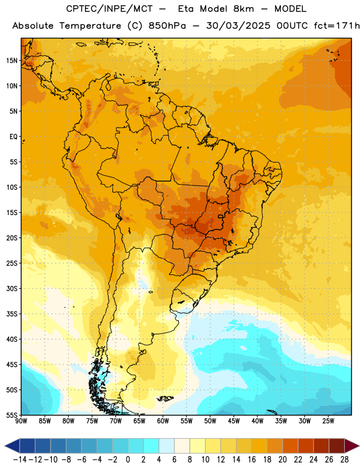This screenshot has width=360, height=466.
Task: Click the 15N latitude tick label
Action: click(x=12, y=61)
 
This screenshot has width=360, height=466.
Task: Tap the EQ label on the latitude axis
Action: click(x=13, y=137)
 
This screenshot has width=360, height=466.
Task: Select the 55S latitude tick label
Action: click(x=12, y=415)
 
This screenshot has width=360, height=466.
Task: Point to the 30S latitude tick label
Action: click(x=12, y=288)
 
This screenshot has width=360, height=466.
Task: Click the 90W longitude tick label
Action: click(x=22, y=421)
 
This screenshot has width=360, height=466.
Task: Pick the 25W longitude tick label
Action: click(x=329, y=421)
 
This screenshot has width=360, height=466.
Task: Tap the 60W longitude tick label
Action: click(x=163, y=421)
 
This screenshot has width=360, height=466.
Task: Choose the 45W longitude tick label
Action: click(x=234, y=421)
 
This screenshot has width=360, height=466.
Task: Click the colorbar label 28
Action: click(x=344, y=460)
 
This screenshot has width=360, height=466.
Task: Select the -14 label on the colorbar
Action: click(x=20, y=460)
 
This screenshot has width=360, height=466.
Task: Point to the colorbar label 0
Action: click(x=128, y=460)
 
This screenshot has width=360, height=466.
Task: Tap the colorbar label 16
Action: click(x=252, y=460)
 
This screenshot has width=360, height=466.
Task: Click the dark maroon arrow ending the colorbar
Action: click(x=351, y=446)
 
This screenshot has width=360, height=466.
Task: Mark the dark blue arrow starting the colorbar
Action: click(x=12, y=446)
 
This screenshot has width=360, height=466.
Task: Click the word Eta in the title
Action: click(x=186, y=9)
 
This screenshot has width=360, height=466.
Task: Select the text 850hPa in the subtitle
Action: click(x=167, y=26)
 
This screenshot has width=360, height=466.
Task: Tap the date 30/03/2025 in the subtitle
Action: click(x=238, y=26)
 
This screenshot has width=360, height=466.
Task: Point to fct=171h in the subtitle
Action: click(x=337, y=26)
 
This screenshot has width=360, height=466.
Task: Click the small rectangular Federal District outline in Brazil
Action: click(x=220, y=216)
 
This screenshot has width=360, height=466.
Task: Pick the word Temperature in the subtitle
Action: click(x=90, y=26)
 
